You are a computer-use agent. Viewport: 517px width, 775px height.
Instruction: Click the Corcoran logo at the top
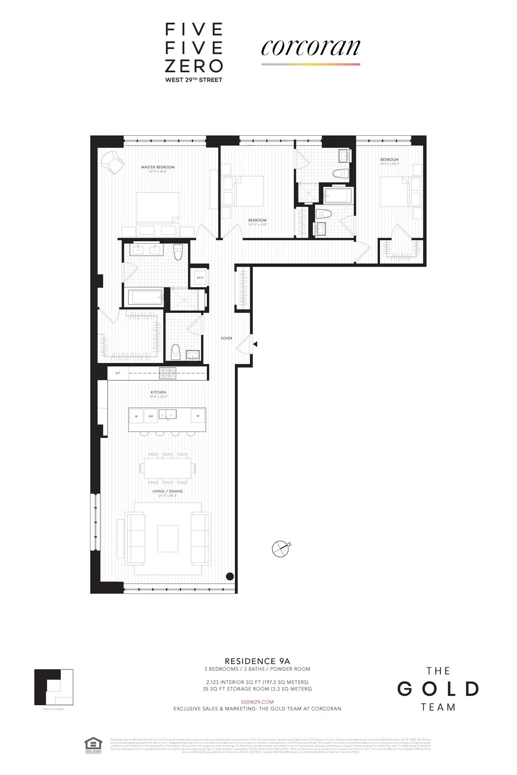point(310,48)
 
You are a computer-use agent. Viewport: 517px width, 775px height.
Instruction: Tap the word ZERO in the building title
point(194,65)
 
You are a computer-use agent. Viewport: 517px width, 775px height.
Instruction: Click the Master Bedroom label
point(158,167)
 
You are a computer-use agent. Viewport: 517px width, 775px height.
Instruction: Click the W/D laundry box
point(200,278)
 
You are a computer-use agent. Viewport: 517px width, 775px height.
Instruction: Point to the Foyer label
point(227,338)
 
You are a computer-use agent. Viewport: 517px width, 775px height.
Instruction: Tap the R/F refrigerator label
point(118,373)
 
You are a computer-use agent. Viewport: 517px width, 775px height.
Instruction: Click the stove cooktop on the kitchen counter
point(168,373)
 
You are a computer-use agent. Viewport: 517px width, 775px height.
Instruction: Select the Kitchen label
point(158,392)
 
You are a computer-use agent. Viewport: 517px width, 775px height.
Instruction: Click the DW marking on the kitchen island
point(151,416)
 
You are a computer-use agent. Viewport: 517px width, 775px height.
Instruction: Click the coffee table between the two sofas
point(168,538)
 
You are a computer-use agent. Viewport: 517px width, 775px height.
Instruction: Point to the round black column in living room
point(230,576)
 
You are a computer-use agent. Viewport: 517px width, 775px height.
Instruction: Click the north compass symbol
point(280,548)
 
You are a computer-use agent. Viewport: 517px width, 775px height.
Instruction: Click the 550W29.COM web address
point(257,701)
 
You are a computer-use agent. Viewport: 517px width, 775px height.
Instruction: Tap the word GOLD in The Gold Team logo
point(438,689)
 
